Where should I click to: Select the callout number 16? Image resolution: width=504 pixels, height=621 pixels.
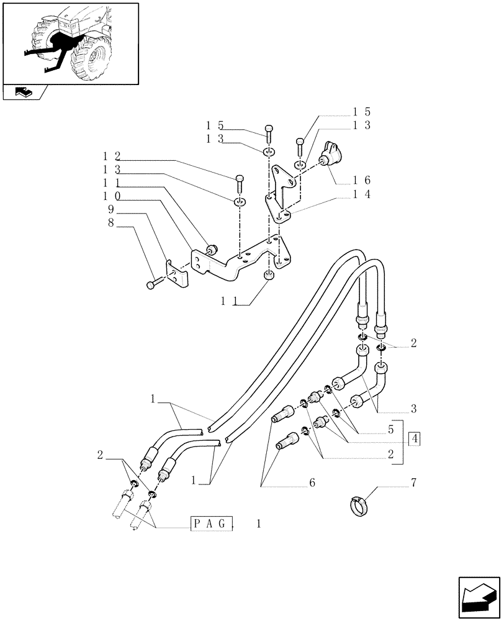(x=361, y=180)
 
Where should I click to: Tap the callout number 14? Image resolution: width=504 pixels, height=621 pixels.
(x=361, y=194)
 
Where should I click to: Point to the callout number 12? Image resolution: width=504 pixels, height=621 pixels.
(x=112, y=155)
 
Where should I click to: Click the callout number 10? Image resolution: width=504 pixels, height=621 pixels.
(x=112, y=196)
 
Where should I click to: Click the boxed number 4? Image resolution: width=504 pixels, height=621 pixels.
(x=415, y=439)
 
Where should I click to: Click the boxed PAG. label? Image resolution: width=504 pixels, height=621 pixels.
(x=211, y=523)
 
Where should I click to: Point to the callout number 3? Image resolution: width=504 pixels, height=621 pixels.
(x=413, y=409)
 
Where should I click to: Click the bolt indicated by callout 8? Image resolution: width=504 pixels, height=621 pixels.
(x=152, y=284)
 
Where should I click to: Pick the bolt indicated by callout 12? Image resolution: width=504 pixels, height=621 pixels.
(x=239, y=184)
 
